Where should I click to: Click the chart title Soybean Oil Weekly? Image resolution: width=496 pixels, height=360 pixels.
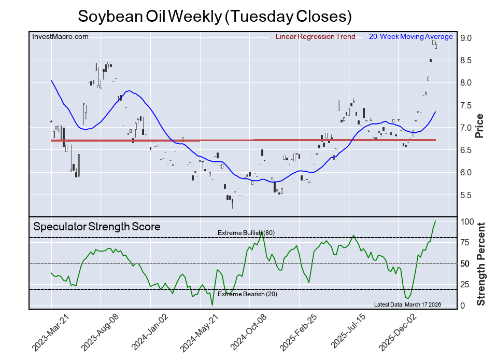215,16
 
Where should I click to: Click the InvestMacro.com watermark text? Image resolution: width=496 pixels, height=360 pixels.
60,36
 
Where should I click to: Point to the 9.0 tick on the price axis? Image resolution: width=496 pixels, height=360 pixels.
465,38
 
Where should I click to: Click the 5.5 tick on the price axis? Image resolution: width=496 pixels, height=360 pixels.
465,195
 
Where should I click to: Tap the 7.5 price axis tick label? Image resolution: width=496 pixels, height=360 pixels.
465,105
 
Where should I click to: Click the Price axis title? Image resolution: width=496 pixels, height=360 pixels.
479,126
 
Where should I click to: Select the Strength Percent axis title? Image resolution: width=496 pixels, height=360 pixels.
480,264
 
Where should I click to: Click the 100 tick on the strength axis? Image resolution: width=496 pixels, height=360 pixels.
467,221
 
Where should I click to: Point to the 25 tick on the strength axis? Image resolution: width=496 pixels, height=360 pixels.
465,284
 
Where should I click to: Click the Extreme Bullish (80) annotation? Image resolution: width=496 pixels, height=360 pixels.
246,233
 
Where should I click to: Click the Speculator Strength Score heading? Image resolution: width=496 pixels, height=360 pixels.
97,227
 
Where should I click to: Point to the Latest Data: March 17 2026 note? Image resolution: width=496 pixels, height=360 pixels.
407,304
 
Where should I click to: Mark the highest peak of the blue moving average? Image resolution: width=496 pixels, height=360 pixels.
51,80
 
